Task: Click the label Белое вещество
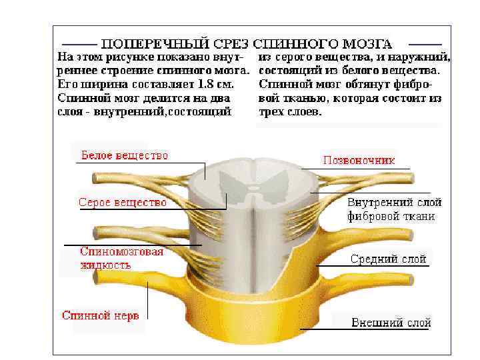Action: click(x=125, y=155)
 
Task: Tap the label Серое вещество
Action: click(x=122, y=201)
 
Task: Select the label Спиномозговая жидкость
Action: click(x=121, y=258)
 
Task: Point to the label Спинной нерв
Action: click(x=100, y=315)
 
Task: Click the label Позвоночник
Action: click(x=359, y=160)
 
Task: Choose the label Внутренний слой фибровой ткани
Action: click(x=394, y=209)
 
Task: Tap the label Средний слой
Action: click(x=389, y=259)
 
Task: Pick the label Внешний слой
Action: click(x=391, y=323)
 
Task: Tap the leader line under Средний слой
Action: click(x=373, y=265)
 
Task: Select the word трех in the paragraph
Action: click(x=269, y=112)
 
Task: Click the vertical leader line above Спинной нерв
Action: click(x=147, y=300)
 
